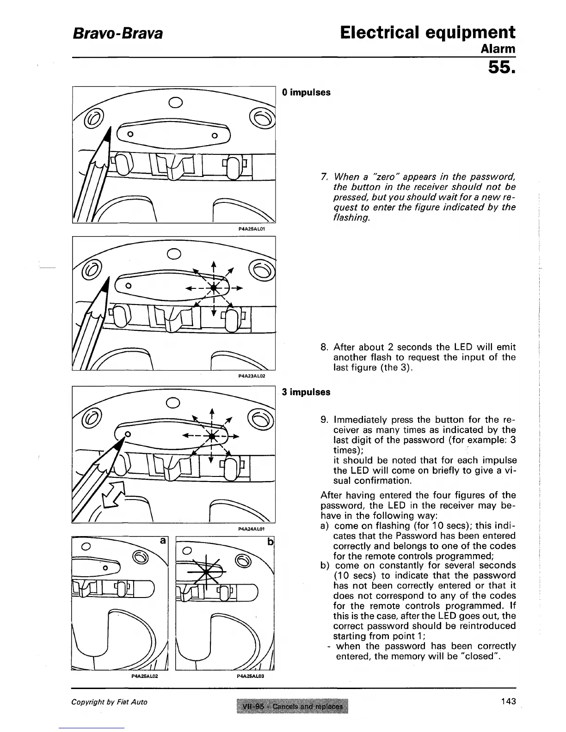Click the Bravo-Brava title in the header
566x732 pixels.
pyautogui.click(x=117, y=33)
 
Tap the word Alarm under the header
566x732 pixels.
pyautogui.click(x=498, y=49)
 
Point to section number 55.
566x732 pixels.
pyautogui.click(x=501, y=68)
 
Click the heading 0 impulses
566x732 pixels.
pyautogui.click(x=306, y=92)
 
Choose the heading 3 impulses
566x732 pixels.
pyautogui.click(x=306, y=392)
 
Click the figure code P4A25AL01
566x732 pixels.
pyautogui.click(x=251, y=228)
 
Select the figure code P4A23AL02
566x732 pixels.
pyautogui.click(x=251, y=377)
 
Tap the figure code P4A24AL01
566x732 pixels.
pyautogui.click(x=251, y=528)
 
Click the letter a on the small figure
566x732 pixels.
pyautogui.click(x=162, y=540)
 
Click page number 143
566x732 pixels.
pyautogui.click(x=508, y=701)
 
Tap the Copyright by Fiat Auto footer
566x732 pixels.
pyautogui.click(x=109, y=702)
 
